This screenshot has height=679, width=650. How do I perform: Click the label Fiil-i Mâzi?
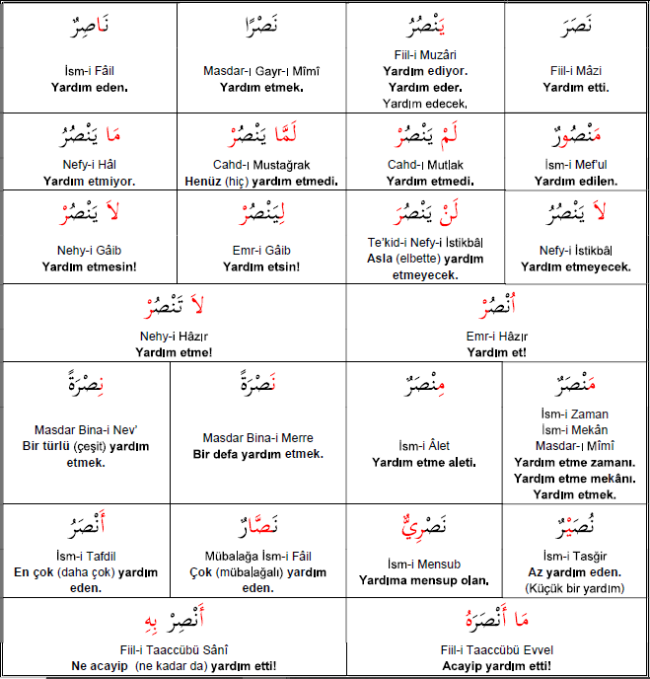pyautogui.click(x=576, y=71)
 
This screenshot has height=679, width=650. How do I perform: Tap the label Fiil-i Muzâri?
pyautogui.click(x=425, y=55)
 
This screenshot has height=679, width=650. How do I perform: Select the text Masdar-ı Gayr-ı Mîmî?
pyautogui.click(x=260, y=71)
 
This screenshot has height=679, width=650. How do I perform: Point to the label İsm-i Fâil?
pyautogui.click(x=90, y=71)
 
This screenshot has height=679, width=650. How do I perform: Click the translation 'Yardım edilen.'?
pyautogui.click(x=576, y=181)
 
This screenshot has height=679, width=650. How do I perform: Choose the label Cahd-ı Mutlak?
pyautogui.click(x=425, y=165)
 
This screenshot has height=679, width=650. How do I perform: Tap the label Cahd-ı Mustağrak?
pyautogui.click(x=260, y=165)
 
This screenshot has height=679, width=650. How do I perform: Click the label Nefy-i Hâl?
pyautogui.click(x=90, y=165)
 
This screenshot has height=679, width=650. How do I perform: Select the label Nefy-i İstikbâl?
pyautogui.click(x=576, y=250)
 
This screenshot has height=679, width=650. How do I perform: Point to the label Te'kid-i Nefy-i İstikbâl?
pyautogui.click(x=425, y=243)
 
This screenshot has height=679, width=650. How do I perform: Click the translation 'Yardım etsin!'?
pyautogui.click(x=260, y=266)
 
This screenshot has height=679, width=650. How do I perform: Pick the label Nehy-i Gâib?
pyautogui.click(x=90, y=251)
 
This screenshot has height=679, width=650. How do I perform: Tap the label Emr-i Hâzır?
pyautogui.click(x=496, y=336)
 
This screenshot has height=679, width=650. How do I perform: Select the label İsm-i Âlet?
pyautogui.click(x=424, y=446)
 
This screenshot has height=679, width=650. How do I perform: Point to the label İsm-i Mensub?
pyautogui.click(x=424, y=564)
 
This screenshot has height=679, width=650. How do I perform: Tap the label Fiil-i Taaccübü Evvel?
pyautogui.click(x=496, y=650)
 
